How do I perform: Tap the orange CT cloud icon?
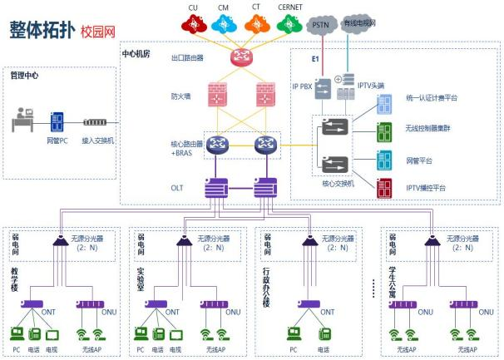click(x=255, y=26)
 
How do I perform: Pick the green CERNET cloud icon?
click(x=289, y=26)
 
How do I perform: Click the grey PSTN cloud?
click(x=320, y=26)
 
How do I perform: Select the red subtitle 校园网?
click(x=97, y=32)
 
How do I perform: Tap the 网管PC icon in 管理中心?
click(x=57, y=122)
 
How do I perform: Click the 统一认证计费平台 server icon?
click(x=385, y=105)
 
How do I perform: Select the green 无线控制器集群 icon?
click(x=385, y=132)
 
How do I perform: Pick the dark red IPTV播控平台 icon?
click(x=385, y=187)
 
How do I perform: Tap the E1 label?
click(x=315, y=60)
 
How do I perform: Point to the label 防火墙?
click(x=180, y=96)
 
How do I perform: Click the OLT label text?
click(x=177, y=188)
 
